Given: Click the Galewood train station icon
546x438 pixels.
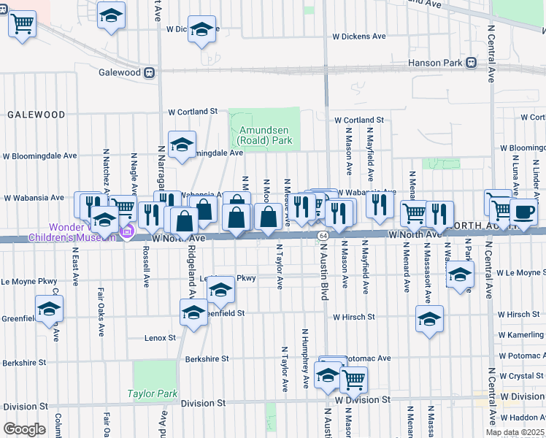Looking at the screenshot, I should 150,72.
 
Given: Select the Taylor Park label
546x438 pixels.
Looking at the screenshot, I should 152,393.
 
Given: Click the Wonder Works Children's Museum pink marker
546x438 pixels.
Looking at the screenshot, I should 127,232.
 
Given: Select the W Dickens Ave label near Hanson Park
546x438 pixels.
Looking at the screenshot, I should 358,36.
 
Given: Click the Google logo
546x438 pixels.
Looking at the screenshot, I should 24,429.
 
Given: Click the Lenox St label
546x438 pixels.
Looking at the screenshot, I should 160,338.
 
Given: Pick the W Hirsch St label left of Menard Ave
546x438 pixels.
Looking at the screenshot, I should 354,317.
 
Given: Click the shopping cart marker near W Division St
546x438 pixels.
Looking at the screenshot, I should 353,378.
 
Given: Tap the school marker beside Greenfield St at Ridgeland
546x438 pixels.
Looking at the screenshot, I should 193,312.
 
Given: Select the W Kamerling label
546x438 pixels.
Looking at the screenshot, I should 520,334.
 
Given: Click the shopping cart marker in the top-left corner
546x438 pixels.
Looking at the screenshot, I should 23,23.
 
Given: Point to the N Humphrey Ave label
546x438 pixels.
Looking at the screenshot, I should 304,358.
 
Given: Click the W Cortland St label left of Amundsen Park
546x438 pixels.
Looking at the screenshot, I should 193,112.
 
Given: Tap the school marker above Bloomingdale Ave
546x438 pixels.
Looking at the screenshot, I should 182,144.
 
